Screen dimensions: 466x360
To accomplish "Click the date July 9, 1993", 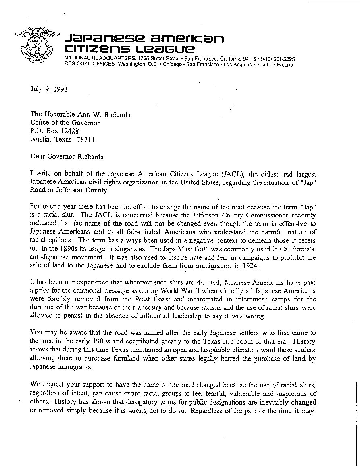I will click(48, 89).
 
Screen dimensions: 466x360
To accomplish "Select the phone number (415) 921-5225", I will click(277, 59).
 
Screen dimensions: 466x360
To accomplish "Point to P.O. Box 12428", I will click(54, 131).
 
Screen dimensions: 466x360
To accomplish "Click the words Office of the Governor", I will click(65, 123).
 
